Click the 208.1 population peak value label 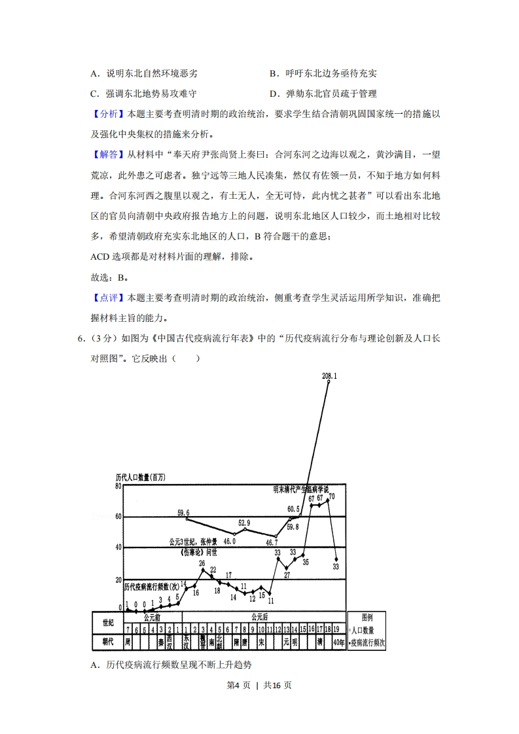(329, 376)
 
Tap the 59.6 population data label (183, 512)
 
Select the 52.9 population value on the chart (243, 523)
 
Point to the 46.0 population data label (229, 542)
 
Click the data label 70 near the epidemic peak (332, 497)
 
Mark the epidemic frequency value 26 (202, 563)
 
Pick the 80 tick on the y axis (118, 486)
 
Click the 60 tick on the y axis (118, 517)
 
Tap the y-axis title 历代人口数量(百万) (141, 478)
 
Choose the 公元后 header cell (260, 617)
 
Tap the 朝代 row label (108, 641)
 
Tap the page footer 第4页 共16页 (259, 685)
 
